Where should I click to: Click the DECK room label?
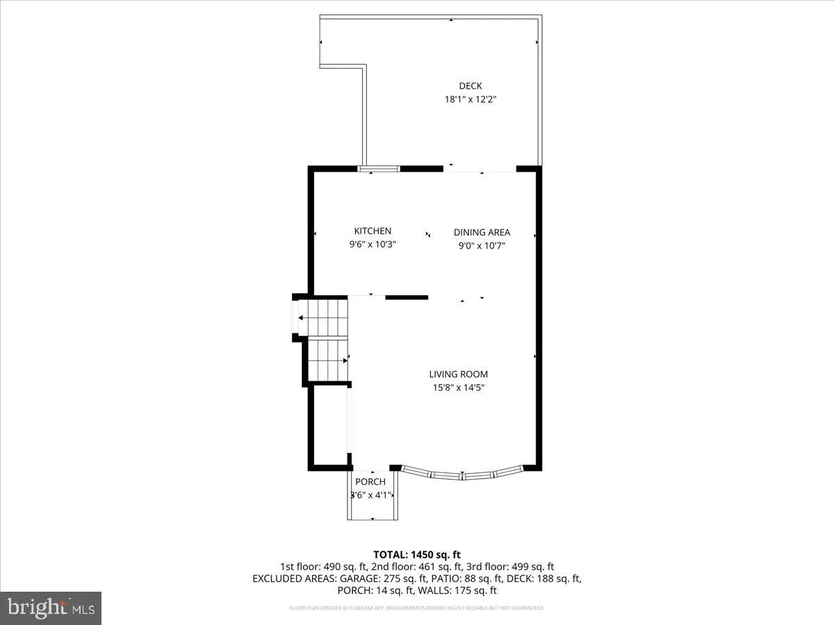tap(471, 86)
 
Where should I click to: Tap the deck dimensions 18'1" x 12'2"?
tap(471, 99)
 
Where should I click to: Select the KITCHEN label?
tap(373, 231)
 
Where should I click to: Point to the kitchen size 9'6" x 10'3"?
tap(373, 244)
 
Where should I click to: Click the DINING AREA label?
tap(482, 233)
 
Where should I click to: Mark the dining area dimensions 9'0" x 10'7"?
tap(482, 246)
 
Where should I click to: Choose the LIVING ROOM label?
tap(458, 374)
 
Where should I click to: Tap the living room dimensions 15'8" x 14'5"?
tap(458, 388)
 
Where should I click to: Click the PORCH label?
tap(370, 482)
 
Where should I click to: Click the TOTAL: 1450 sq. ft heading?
tap(417, 554)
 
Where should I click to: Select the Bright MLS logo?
tap(51, 608)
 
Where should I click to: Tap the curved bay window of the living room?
tap(463, 475)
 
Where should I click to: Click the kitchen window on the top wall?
tap(379, 168)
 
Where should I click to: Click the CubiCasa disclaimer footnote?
tap(417, 608)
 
